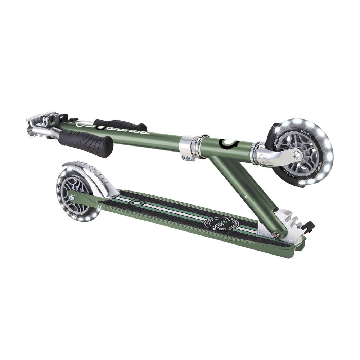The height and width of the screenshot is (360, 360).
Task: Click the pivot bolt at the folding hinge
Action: click(275, 235)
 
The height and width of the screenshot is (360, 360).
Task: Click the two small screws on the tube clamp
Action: click(187, 157)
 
